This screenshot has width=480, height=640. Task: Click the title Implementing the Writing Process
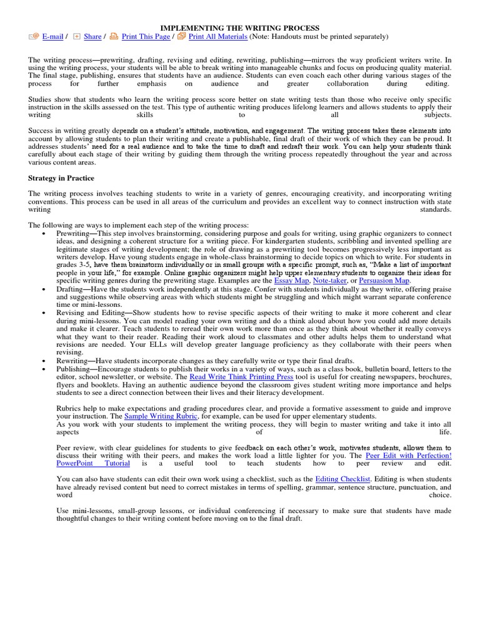click(x=240, y=28)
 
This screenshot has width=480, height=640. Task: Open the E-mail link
click(x=52, y=37)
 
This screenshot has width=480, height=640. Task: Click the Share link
click(x=92, y=37)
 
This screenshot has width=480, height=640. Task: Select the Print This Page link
click(x=146, y=37)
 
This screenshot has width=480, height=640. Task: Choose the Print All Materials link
click(x=218, y=37)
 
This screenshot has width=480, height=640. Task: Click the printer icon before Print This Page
click(x=114, y=37)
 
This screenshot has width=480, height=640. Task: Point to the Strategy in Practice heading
click(x=60, y=178)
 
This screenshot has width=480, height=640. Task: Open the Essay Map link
click(x=291, y=281)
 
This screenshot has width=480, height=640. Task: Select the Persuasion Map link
click(x=385, y=281)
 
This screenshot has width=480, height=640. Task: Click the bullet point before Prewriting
click(x=44, y=233)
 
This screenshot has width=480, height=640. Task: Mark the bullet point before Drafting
click(x=44, y=290)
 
